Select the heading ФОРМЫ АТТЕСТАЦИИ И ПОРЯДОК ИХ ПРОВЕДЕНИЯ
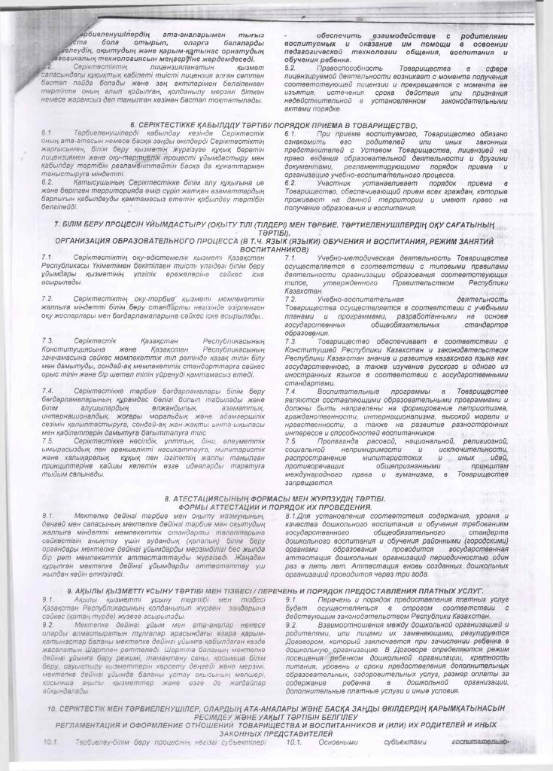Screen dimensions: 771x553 (x=276, y=507)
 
